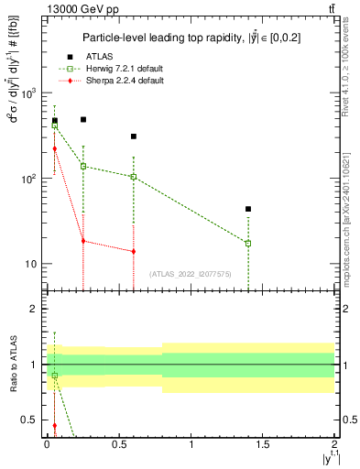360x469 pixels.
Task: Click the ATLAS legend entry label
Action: point(100,57)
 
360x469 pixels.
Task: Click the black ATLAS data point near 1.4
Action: point(248,209)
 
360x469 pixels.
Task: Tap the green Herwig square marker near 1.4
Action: point(248,243)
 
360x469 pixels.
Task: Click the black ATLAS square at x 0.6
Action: point(134,136)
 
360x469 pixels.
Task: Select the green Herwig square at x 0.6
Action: point(134,177)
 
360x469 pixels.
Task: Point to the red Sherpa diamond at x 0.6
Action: point(134,251)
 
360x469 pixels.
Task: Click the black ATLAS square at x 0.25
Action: point(83,119)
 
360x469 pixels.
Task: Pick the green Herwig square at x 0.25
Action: point(83,166)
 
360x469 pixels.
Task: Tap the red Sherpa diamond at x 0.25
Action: point(83,241)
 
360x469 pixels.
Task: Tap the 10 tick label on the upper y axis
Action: point(27,264)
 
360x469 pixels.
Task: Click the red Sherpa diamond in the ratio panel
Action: point(54,426)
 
